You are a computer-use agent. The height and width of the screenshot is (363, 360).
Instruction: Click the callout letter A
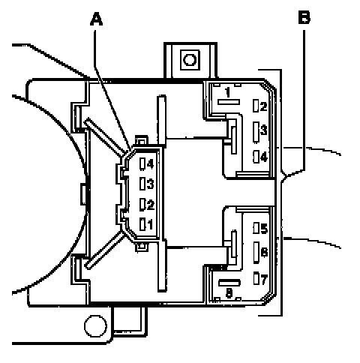pyautogui.click(x=96, y=19)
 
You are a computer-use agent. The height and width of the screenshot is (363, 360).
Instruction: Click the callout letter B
pyautogui.click(x=304, y=17)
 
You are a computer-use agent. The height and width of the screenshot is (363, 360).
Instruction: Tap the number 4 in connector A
pyautogui.click(x=150, y=164)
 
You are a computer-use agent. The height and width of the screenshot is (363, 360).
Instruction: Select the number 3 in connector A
pyautogui.click(x=150, y=184)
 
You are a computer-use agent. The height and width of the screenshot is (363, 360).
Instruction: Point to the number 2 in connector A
pyautogui.click(x=151, y=205)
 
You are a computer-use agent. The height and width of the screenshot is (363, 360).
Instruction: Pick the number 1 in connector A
pyautogui.click(x=150, y=224)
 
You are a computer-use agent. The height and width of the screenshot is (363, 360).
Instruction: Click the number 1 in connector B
pyautogui.click(x=227, y=92)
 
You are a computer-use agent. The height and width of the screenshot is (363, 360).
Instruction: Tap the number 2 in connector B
pyautogui.click(x=263, y=106)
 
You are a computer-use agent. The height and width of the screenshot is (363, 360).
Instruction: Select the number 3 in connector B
pyautogui.click(x=264, y=130)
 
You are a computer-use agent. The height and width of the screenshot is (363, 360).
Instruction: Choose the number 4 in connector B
pyautogui.click(x=264, y=157)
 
